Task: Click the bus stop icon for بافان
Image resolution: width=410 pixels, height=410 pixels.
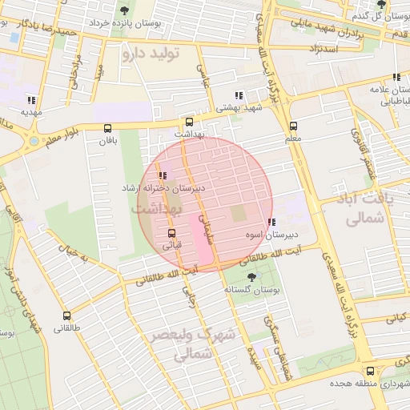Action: [x=107, y=127]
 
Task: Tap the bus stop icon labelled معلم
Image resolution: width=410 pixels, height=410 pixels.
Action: [x=293, y=126]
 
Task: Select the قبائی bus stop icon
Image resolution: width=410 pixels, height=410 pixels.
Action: [x=171, y=233]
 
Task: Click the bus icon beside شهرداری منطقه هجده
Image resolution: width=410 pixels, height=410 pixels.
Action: [x=369, y=371]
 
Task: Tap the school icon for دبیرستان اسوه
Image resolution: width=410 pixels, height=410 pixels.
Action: [x=272, y=222]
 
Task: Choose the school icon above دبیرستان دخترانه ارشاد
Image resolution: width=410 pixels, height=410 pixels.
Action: [x=163, y=175]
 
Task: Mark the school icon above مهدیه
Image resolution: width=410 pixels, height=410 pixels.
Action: [x=31, y=100]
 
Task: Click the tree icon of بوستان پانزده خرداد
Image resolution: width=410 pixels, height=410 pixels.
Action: [x=123, y=10]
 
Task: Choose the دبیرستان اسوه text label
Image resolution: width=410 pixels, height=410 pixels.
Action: [x=271, y=235]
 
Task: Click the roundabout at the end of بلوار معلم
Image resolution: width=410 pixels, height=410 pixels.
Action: [x=33, y=141]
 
